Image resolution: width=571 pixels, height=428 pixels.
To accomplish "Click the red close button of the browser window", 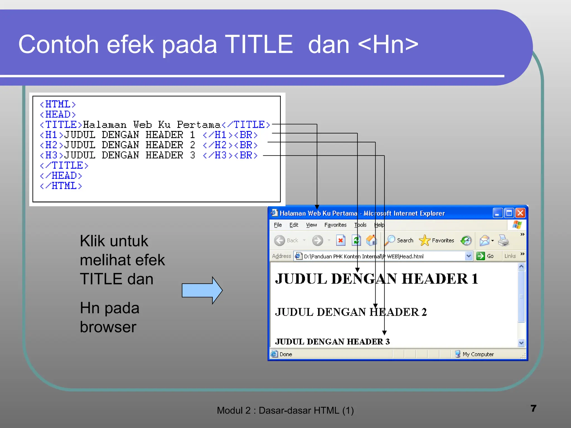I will point(520,213).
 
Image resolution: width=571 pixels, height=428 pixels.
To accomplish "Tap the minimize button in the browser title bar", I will point(497,213).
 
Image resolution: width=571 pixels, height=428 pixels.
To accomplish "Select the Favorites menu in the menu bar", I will point(335,225).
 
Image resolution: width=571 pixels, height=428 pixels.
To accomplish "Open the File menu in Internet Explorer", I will point(278,225).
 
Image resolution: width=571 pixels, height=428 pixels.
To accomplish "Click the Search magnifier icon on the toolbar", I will point(390,240).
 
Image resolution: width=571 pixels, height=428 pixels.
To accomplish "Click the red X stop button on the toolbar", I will point(340,240).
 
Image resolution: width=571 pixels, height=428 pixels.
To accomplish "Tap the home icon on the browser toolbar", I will point(371,240).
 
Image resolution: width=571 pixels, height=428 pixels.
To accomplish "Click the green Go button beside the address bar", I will point(481,256).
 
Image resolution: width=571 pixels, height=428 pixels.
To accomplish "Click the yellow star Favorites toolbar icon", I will point(425,240).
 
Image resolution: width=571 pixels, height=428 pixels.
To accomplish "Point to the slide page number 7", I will point(533,408).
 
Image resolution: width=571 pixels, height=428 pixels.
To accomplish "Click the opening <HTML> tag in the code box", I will point(58,104).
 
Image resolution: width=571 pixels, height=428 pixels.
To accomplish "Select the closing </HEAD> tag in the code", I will point(61,176).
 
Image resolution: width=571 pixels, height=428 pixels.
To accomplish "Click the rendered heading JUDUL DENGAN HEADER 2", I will point(351,312).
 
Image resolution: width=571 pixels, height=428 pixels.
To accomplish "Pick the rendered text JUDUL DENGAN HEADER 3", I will point(332,342).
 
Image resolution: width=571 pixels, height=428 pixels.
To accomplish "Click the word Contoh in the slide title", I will point(59,45).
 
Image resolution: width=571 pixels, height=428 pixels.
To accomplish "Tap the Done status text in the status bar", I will point(286,354).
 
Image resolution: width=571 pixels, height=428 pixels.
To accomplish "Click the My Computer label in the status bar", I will point(478,354).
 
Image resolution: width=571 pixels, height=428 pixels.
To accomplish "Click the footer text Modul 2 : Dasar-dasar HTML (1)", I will point(285,410).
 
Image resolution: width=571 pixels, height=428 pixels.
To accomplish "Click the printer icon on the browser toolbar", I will point(504,240).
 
